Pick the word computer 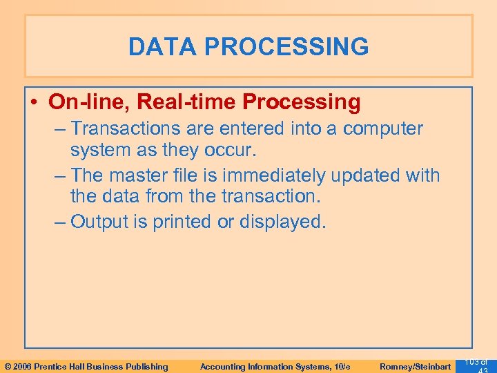(x=383, y=128)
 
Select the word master (x=145, y=175)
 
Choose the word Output (x=102, y=222)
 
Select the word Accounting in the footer (x=223, y=366)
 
